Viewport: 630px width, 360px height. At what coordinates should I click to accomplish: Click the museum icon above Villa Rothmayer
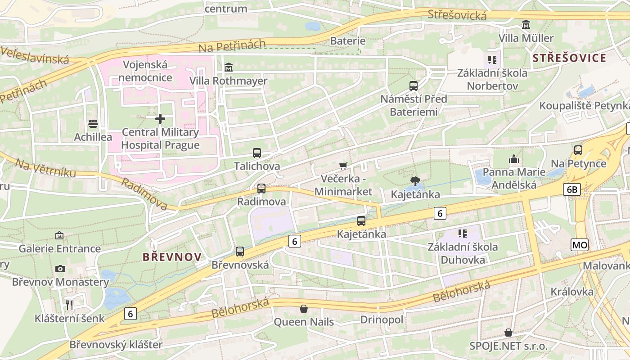[x=229, y=67]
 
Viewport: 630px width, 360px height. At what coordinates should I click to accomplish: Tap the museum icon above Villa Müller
[x=526, y=25]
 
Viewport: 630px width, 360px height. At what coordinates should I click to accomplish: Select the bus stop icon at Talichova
[x=257, y=153]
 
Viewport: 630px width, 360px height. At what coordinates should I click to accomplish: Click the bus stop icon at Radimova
[x=261, y=189]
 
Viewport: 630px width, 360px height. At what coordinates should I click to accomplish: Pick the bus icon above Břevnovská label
[x=240, y=252]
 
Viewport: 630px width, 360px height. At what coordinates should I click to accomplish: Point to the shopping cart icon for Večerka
[x=343, y=166]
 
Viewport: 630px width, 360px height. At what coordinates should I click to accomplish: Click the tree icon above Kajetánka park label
[x=415, y=181]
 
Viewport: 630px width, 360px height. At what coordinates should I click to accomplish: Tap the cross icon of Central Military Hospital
[x=160, y=119]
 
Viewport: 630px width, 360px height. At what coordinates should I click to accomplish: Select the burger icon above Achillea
[x=93, y=123]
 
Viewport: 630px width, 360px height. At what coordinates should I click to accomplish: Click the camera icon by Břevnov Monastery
[x=60, y=269]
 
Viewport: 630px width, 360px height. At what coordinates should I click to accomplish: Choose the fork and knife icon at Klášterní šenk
[x=69, y=305]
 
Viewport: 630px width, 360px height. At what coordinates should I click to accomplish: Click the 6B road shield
[x=571, y=189]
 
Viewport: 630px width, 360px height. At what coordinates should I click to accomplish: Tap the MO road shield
[x=580, y=245]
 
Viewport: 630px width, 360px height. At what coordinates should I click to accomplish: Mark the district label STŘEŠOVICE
[x=569, y=58]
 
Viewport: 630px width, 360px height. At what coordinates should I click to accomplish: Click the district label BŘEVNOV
[x=172, y=257]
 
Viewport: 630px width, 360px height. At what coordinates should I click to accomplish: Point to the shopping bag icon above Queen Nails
[x=304, y=309]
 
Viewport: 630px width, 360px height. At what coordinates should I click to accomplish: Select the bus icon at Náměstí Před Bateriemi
[x=413, y=85]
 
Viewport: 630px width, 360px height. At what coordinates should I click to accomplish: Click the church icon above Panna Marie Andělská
[x=513, y=159]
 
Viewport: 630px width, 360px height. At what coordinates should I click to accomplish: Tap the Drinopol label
[x=382, y=319]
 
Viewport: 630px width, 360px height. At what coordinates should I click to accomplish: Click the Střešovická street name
[x=457, y=15]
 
